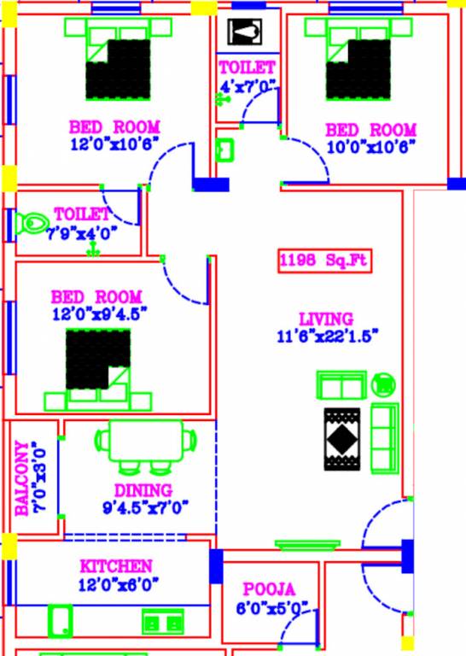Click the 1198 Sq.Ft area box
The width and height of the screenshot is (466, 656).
point(324,261)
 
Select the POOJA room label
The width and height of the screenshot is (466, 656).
point(269,589)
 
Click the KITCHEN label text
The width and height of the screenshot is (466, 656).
point(116,566)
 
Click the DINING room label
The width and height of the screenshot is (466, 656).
point(143,491)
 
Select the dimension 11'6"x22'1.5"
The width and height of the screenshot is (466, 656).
point(327,335)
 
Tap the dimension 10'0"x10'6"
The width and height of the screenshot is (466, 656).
point(370,146)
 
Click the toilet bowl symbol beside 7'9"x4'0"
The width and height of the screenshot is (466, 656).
point(31,223)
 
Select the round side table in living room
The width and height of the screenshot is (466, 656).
point(385,384)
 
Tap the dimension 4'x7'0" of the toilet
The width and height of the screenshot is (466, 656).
point(247,85)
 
